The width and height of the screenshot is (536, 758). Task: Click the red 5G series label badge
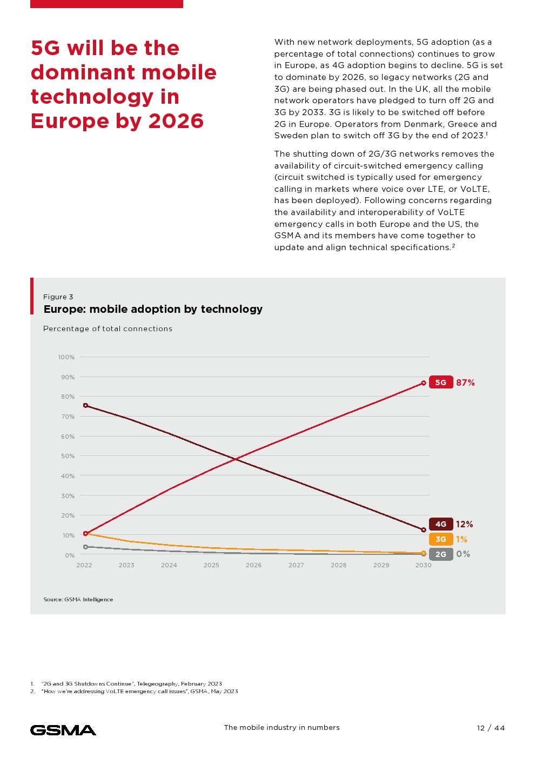pos(441,383)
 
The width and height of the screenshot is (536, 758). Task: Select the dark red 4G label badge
pos(441,524)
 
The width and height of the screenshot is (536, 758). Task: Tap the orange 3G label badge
pos(441,539)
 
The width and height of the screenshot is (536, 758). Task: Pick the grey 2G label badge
pos(441,554)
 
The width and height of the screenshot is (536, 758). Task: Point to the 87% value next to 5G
pos(465,383)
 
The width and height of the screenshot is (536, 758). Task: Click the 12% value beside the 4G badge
pos(464,524)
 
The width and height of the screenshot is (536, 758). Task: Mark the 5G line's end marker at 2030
pos(424,383)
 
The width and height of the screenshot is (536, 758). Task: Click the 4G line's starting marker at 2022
pos(85,405)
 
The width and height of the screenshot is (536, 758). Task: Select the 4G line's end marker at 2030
pos(424,530)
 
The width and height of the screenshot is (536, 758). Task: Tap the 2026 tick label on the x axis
pos(253,565)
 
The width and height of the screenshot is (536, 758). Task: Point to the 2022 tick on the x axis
pos(84,565)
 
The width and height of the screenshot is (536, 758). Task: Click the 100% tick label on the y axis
pos(66,357)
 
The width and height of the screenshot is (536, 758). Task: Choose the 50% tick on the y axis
pos(68,456)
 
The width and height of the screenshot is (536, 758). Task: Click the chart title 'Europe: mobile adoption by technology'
pos(153,309)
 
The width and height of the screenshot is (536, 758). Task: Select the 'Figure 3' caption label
pos(58,297)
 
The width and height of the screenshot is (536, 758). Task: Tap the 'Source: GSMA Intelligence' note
pos(78,599)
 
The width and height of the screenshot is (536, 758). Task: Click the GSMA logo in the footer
pos(63,730)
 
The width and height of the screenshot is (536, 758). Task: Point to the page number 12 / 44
pos(491,728)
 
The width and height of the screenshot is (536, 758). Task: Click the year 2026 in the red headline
pos(176,121)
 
